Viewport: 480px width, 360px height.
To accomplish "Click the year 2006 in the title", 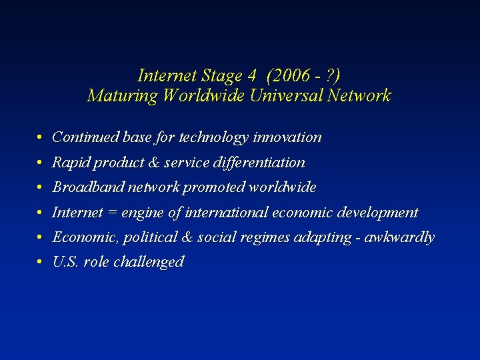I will [x=287, y=75].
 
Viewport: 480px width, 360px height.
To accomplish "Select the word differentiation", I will [x=267, y=163].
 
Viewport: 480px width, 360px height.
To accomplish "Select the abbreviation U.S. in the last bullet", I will [x=65, y=262].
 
